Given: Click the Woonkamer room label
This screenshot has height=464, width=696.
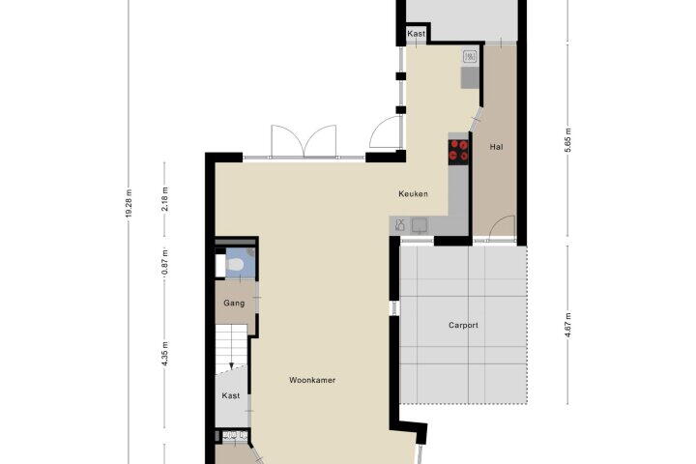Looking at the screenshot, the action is pos(312,380).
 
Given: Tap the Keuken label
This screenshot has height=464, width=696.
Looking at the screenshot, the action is pos(414,193).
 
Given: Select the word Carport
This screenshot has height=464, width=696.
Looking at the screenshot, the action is pos(463,325).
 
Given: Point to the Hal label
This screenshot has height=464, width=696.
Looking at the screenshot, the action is pos(496,147).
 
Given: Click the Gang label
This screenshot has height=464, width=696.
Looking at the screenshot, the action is pos(234,304).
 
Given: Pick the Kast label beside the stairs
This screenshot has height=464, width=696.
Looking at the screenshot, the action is pos(231,395).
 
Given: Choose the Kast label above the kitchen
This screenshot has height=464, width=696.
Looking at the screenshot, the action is pos(416,33).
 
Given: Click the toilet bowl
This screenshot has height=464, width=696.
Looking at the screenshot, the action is pos(234,265).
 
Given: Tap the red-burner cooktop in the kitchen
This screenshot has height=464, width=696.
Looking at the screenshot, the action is pos(458,150).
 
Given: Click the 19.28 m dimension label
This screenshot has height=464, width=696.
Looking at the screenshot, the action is pos(129,203).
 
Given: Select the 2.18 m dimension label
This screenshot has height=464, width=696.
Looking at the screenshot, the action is pos(164,199).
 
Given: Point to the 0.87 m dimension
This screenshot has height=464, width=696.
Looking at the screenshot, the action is pos(164,263).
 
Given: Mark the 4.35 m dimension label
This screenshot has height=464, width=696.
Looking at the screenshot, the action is pos(164,354).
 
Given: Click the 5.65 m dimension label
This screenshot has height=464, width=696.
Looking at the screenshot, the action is pos(568,140).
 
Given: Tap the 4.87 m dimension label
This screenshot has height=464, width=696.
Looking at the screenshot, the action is pos(568,325).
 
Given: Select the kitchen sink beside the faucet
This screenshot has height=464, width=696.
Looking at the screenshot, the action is pos(419,225).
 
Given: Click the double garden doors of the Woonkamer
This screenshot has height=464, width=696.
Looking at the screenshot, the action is pos(304,141).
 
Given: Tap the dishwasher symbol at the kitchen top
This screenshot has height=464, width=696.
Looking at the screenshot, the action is pos(470,57).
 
